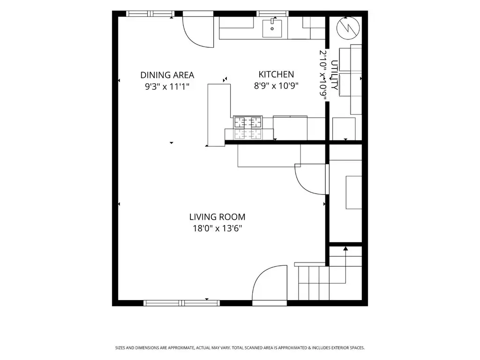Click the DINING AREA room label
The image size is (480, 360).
[x=167, y=75]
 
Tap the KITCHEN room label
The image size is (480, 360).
[x=276, y=75]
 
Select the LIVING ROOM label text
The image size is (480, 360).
[x=217, y=217]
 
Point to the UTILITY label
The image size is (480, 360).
[x=335, y=75]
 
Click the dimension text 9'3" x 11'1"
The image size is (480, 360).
[x=167, y=87]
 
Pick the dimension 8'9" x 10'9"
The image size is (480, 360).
[x=276, y=86]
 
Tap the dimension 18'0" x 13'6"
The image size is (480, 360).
[x=217, y=228]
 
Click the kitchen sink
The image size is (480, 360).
[x=272, y=28]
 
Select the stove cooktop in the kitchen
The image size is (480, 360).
[x=248, y=127]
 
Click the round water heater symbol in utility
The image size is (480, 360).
[x=348, y=28]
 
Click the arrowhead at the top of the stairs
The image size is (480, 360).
[x=345, y=248]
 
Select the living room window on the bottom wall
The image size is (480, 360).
[x=181, y=303]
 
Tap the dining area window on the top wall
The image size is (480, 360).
[x=150, y=14]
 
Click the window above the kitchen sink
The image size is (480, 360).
[x=272, y=14]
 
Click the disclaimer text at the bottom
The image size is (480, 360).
[x=240, y=348]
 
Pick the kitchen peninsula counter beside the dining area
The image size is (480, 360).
[x=218, y=115]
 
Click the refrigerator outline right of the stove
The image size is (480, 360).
[x=290, y=128]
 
